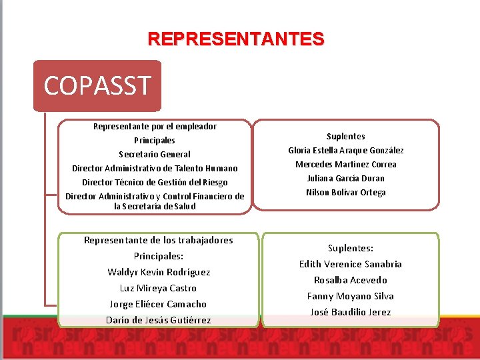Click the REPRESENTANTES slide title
click(236, 39)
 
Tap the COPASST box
click(97, 85)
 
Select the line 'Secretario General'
click(155, 154)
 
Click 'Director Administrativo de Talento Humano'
click(155, 168)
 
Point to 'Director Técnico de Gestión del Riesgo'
click(155, 182)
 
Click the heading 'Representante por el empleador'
click(155, 126)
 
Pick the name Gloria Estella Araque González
click(346, 150)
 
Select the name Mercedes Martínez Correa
click(346, 164)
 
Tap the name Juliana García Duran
click(346, 178)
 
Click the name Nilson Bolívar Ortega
click(346, 192)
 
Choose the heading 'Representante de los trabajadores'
click(159, 240)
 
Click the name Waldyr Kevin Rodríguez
click(159, 272)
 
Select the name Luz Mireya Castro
click(159, 288)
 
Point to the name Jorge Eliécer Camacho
click(159, 304)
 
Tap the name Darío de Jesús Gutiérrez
click(159, 320)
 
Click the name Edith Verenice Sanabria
click(351, 264)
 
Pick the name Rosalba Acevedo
click(351, 280)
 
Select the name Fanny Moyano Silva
click(351, 296)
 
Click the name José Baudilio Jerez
click(351, 312)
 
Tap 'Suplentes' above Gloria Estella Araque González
click(346, 136)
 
